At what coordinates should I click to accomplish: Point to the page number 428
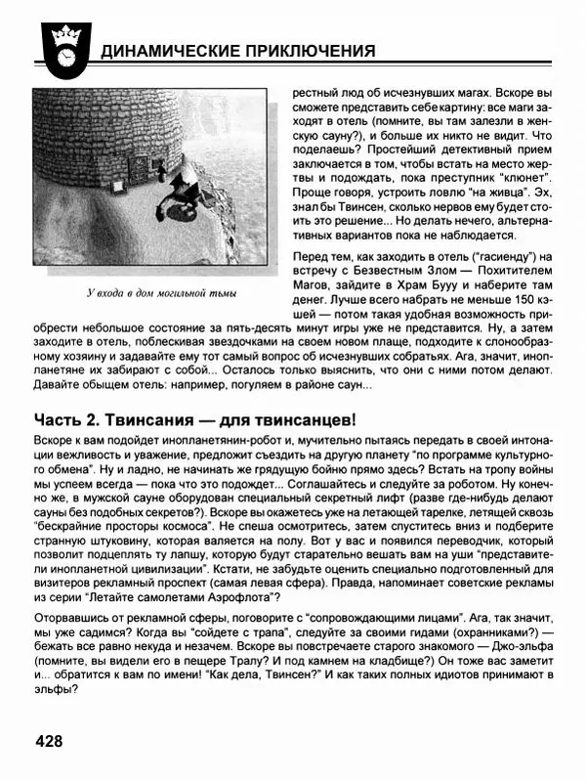pos(49,741)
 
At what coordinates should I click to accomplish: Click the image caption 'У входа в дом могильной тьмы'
pos(161,292)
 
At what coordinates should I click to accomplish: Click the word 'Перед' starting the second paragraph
pos(312,256)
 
